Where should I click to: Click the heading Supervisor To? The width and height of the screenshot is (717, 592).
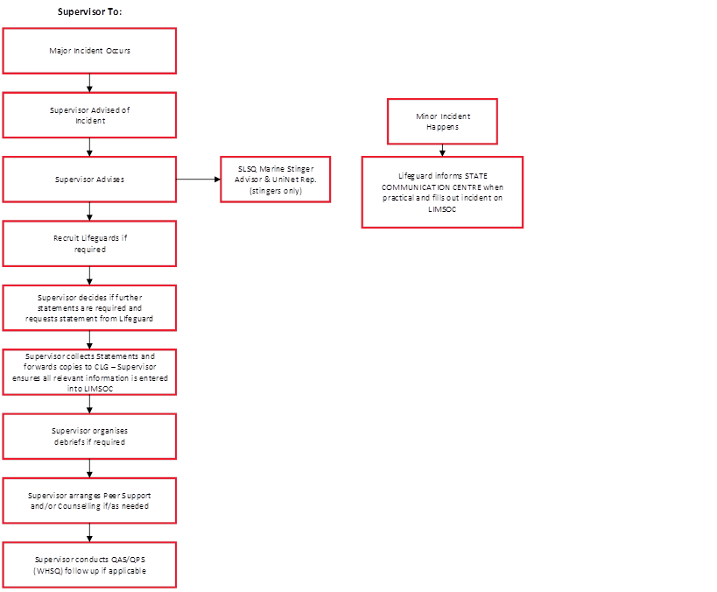tap(90, 11)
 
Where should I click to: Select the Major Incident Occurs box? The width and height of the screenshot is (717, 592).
tap(89, 51)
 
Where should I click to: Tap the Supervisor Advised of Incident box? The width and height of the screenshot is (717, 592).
tap(89, 115)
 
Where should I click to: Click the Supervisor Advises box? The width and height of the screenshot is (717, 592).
tap(89, 179)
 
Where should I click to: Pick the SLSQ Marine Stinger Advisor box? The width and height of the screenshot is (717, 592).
tap(275, 179)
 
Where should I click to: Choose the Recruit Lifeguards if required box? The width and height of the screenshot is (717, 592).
tap(89, 243)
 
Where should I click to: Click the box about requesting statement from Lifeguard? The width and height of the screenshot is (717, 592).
tap(89, 307)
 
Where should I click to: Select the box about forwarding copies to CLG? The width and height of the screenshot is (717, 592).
tap(89, 371)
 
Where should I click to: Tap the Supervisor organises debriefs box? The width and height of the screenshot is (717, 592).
tap(89, 436)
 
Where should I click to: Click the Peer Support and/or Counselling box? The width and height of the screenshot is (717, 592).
tap(89, 500)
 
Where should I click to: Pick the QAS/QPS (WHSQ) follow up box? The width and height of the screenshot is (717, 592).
tap(89, 565)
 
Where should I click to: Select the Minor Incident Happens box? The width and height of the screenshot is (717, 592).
tap(442, 121)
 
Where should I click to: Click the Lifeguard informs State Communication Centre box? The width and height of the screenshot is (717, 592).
tap(442, 192)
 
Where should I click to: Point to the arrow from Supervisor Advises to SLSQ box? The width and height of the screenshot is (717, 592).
tap(198, 179)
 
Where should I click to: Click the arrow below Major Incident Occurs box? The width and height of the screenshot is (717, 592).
tap(89, 83)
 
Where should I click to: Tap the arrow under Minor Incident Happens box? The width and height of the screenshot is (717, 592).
tap(442, 150)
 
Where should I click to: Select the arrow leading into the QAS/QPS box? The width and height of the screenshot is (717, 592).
tap(89, 532)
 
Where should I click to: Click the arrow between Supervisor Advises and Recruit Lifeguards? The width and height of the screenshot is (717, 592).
tap(89, 211)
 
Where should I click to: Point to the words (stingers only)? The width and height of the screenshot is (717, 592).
tap(275, 190)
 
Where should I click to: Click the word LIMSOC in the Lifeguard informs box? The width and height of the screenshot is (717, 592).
tap(442, 208)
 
